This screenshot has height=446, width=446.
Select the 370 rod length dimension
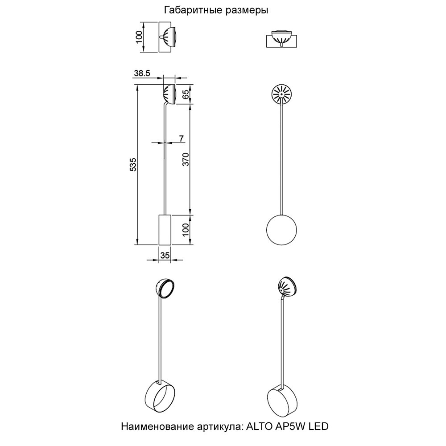coord(186,159)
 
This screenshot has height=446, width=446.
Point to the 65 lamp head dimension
coord(186,94)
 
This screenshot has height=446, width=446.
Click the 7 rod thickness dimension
coord(182,138)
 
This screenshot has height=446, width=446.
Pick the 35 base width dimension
coord(165,256)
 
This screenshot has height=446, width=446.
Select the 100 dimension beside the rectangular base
coord(186,230)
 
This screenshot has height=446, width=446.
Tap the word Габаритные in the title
coord(191,10)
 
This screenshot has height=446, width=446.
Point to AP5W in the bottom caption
coord(287,427)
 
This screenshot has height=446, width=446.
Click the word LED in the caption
coord(318,427)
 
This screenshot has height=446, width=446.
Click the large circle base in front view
coord(281,231)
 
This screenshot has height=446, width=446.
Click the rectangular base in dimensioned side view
coord(165,230)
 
